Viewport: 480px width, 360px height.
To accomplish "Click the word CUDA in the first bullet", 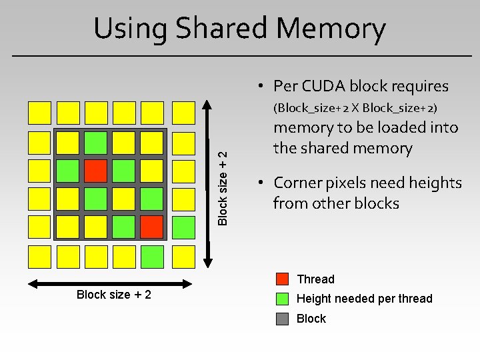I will point(325,86).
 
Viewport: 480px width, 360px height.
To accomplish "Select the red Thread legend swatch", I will point(283,279).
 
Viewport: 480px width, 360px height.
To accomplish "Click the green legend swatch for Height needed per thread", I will point(283,298).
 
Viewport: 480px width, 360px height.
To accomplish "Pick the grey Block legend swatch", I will point(283,318).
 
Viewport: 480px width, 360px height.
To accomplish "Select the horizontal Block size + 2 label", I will point(114,295).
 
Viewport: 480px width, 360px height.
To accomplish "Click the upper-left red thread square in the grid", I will point(95,170).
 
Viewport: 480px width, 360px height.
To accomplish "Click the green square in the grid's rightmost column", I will point(183,227).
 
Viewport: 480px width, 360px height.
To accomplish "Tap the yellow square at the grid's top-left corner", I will point(39,112).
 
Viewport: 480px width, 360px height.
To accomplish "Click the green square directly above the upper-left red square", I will point(95,141).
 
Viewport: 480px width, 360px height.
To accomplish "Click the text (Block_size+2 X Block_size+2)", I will point(355,107).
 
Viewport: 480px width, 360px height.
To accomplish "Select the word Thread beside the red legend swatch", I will point(315,279).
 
